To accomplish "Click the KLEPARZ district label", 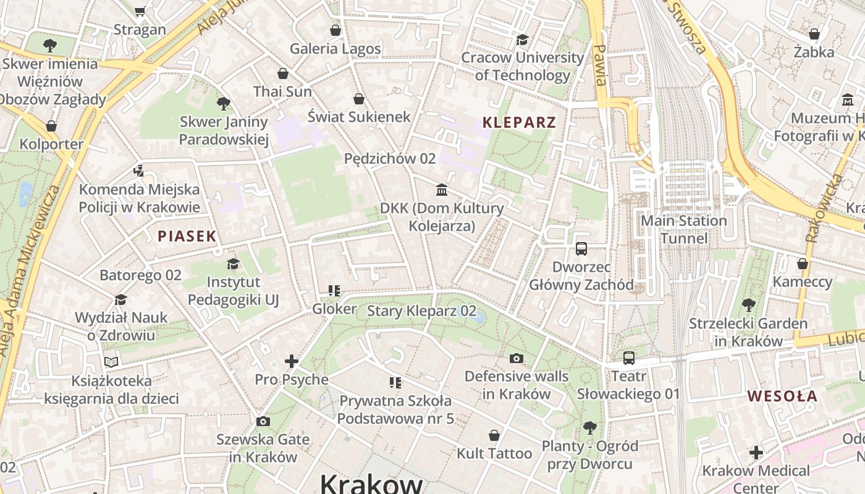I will pos(519,122).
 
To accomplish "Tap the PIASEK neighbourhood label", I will pos(187,236).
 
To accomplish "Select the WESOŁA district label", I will pos(782,396).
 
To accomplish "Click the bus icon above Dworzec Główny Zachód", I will pos(581,249).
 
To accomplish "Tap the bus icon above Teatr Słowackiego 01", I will pos(628,358).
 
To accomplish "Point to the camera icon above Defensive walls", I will pos(516,358).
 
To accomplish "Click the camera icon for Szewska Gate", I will pos(263,421).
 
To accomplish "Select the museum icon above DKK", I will pos(442,190).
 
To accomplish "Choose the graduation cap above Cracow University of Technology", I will pos(522,40).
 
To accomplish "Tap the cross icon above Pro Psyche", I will pos(292,361).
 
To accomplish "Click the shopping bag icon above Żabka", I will pos(814,34).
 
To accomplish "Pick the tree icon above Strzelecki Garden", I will pos(748,304).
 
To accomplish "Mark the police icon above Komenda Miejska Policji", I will pos(139,171).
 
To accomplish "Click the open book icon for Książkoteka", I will pos(111,362).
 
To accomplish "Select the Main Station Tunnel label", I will pos(683,229).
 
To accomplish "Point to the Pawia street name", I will pos(599,65).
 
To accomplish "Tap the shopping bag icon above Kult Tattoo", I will pos(494,435).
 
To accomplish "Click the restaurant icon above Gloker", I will pos(334,290).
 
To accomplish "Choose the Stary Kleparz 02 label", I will pos(421,311).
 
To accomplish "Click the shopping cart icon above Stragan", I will pos(140,11).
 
